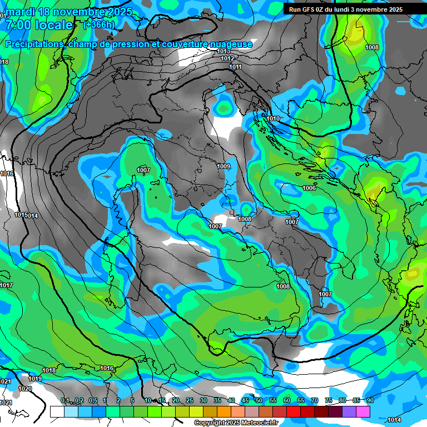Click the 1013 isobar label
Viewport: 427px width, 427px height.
[224, 51]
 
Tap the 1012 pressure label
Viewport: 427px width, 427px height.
[227, 58]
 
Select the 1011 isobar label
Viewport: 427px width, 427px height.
[235, 67]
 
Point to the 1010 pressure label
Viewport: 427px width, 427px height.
[273, 118]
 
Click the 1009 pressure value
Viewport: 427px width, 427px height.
[224, 166]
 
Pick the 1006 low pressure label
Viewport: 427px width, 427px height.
[309, 188]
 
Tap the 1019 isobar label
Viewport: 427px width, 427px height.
[35, 379]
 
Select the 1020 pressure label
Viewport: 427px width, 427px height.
[25, 389]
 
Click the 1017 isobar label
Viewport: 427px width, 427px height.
[6, 285]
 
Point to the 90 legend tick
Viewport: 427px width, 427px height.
[370, 400]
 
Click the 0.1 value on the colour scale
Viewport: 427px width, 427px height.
[65, 400]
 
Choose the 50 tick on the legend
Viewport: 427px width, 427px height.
[259, 400]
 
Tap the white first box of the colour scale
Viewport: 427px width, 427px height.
[57, 411]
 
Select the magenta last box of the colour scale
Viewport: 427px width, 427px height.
[363, 411]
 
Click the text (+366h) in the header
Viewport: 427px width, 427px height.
[100, 24]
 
